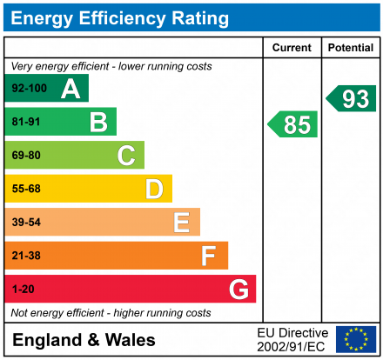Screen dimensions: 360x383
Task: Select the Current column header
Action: click(x=292, y=48)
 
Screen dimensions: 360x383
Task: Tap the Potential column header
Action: click(x=351, y=48)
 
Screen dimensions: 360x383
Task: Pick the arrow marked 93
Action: click(x=352, y=98)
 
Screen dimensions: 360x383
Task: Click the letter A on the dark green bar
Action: click(x=71, y=89)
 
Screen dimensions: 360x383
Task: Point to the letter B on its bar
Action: click(x=98, y=122)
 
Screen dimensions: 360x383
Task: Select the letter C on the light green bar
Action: click(x=126, y=156)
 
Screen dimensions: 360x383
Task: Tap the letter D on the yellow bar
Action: click(x=154, y=189)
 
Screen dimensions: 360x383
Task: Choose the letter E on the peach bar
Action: click(x=181, y=223)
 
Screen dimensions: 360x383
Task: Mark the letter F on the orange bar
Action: click(x=209, y=256)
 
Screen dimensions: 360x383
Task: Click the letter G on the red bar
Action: click(x=238, y=289)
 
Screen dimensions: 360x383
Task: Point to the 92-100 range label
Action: click(x=28, y=89)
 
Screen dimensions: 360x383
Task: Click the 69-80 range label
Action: click(x=26, y=156)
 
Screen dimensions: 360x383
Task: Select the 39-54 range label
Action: click(x=26, y=223)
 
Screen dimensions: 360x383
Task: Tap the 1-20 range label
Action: click(x=24, y=289)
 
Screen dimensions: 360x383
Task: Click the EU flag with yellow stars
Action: click(x=356, y=339)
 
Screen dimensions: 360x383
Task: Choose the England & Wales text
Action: click(x=84, y=340)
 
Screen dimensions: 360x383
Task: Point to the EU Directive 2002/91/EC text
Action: click(x=293, y=339)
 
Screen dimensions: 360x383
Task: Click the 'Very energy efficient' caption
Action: click(x=111, y=66)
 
